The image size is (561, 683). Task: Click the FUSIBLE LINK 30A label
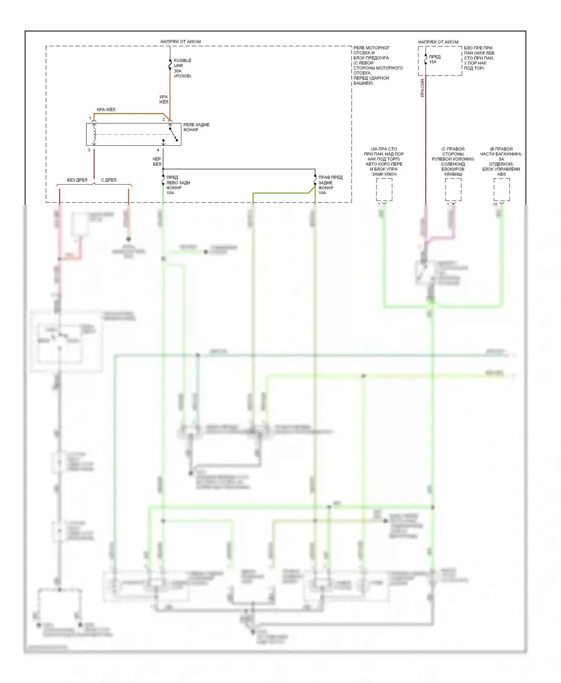click(x=182, y=68)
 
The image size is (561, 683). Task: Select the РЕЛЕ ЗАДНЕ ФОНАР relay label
click(x=196, y=127)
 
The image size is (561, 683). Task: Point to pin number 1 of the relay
click(x=90, y=118)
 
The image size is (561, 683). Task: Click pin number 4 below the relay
click(x=158, y=150)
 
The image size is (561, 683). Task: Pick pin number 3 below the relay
click(x=89, y=150)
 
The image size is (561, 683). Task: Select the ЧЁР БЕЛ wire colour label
click(x=157, y=161)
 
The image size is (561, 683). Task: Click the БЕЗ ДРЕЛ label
click(x=77, y=180)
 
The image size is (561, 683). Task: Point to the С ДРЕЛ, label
click(x=109, y=180)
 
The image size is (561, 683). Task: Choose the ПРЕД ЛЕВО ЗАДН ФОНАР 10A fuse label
click(x=178, y=185)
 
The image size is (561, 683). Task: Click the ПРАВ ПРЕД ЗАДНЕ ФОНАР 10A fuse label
click(x=330, y=185)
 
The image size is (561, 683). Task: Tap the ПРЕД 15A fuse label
click(x=435, y=59)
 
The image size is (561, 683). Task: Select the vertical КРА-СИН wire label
click(x=422, y=88)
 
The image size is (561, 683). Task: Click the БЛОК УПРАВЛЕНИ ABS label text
click(x=501, y=171)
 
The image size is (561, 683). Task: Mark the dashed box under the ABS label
click(x=502, y=189)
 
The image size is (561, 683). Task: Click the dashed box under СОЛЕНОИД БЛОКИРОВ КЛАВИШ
click(x=453, y=189)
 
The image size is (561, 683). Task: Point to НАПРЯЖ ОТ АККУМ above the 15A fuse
click(x=438, y=42)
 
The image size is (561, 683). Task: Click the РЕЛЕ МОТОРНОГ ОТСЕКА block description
click(x=378, y=65)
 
